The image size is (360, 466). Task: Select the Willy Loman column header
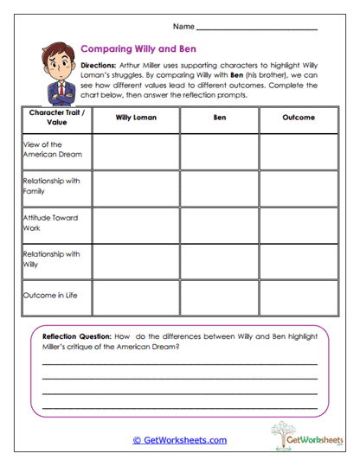[135, 118]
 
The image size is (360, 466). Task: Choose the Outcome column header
[298, 118]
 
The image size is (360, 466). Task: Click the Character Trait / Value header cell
[56, 118]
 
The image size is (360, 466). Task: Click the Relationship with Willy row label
[52, 259]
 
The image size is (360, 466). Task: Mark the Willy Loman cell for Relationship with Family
[135, 188]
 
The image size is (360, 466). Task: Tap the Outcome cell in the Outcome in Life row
[298, 297]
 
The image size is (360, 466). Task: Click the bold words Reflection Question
[78, 336]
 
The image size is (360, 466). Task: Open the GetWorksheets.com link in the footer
[179, 440]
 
